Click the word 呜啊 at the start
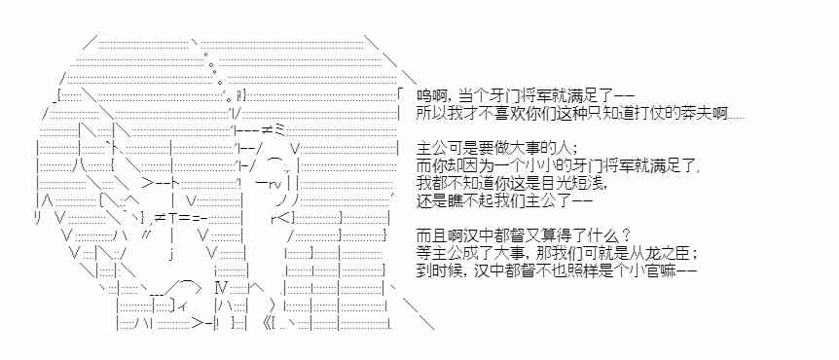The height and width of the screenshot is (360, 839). click(431, 96)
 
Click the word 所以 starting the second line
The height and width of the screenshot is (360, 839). click(431, 114)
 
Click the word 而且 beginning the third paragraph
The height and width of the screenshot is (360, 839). click(431, 236)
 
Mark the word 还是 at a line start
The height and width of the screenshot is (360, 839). click(431, 201)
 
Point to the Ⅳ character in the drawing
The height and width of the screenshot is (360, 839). click(221, 288)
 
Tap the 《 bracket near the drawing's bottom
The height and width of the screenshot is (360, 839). click(268, 323)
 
